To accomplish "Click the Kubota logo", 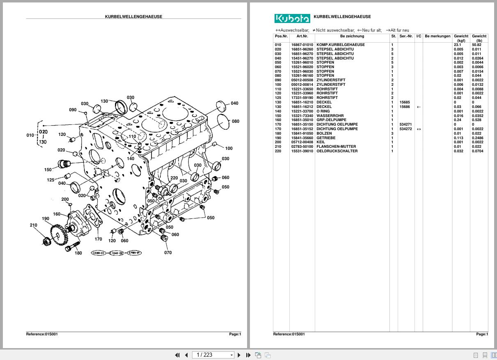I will pyautogui.click(x=292, y=18).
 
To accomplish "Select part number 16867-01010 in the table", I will pyautogui.click(x=302, y=45).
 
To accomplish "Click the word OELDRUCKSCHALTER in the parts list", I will pyautogui.click(x=337, y=151).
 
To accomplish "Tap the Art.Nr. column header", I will pyautogui.click(x=302, y=36).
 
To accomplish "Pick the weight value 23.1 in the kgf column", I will pyautogui.click(x=458, y=45).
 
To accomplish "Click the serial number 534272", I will pyautogui.click(x=405, y=129).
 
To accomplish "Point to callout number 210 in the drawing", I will pyautogui.click(x=34, y=225).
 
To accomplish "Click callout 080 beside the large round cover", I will pyautogui.click(x=235, y=121).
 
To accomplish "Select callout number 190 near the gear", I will pyautogui.click(x=46, y=219).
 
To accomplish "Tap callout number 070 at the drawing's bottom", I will pyautogui.click(x=168, y=252).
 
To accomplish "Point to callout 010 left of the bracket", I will pyautogui.click(x=30, y=135).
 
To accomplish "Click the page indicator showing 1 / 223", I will pyautogui.click(x=210, y=355).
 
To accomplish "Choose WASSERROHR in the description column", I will pyautogui.click(x=330, y=116).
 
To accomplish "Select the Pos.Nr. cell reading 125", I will pyautogui.click(x=278, y=98).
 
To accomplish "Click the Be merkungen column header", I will pyautogui.click(x=437, y=36).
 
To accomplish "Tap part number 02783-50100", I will pyautogui.click(x=302, y=147).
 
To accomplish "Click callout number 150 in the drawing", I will pyautogui.click(x=48, y=170).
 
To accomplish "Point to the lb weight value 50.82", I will pyautogui.click(x=477, y=45).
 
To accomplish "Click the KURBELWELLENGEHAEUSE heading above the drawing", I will pyautogui.click(x=133, y=17).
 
